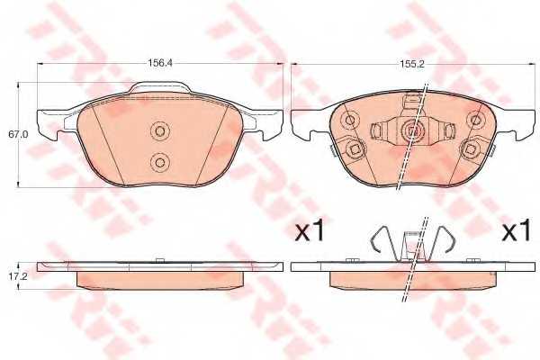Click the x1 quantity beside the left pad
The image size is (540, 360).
click(x=309, y=232)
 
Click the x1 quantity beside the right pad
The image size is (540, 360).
click(x=517, y=232)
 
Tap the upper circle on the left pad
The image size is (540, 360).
click(x=160, y=132)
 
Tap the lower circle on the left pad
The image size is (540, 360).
click(x=160, y=162)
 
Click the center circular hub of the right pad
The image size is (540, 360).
click(x=413, y=131)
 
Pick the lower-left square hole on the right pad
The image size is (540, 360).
click(x=355, y=149)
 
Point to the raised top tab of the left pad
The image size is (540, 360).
click(x=162, y=88)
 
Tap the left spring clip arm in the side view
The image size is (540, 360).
click(x=381, y=242)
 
